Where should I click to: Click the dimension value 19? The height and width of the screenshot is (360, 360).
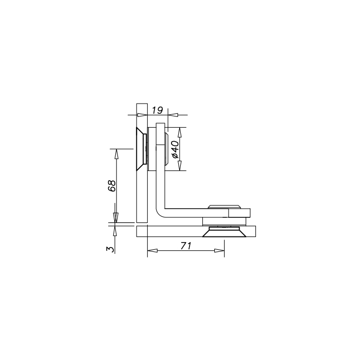coord(158,110)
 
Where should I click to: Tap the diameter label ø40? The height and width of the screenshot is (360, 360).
coord(175,149)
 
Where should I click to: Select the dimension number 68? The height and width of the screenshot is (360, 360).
coord(112,185)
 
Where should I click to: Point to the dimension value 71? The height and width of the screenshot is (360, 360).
coord(186,246)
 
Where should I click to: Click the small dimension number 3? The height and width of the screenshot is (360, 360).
coord(110,249)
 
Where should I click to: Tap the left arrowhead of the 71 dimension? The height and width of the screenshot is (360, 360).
coord(152,250)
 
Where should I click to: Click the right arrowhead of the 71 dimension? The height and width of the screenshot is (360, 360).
coord(219,250)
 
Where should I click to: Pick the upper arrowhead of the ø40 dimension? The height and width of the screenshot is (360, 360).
coord(180,132)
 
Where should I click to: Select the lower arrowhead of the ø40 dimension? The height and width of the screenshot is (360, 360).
coord(180,166)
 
